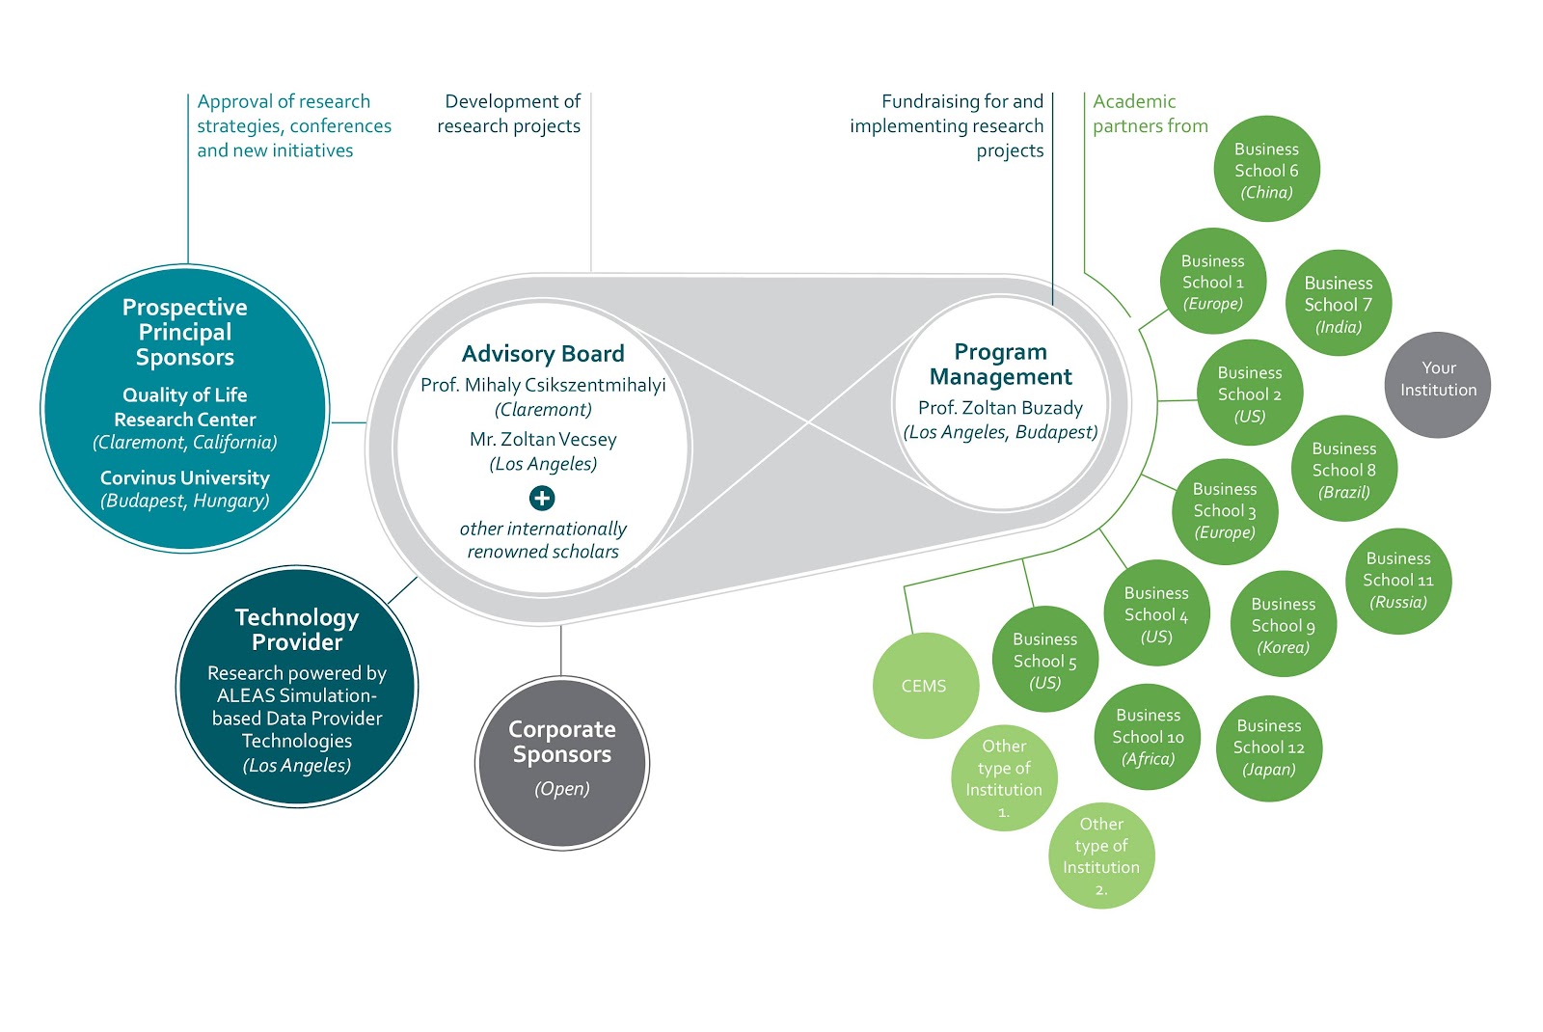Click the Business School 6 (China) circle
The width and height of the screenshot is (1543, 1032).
point(1266,170)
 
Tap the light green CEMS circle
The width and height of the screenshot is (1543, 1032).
point(925,686)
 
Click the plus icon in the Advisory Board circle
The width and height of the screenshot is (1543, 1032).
point(542,498)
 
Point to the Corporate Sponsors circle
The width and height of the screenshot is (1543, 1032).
point(562,762)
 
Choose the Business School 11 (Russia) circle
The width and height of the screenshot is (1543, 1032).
point(1398,581)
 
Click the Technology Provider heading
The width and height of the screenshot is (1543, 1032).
point(297,630)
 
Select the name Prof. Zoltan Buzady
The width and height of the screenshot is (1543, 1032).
point(1000,408)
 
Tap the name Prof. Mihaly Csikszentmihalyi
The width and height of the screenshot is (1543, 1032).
point(543,385)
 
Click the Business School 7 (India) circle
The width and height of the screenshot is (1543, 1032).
point(1339,304)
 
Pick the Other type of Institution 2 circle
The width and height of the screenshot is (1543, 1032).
point(1101,855)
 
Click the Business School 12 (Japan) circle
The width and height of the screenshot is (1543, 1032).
point(1268,747)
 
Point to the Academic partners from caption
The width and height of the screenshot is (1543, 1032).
point(1150,114)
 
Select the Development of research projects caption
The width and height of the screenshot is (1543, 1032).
point(509,114)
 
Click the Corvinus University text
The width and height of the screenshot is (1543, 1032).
point(185,478)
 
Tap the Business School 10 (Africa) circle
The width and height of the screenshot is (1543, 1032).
point(1148,737)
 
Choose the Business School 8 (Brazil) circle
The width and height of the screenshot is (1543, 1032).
point(1344,470)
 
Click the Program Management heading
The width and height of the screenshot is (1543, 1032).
point(1000,365)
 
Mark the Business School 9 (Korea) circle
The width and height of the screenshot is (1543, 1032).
point(1283,625)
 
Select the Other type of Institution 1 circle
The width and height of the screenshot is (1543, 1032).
point(1004,777)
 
